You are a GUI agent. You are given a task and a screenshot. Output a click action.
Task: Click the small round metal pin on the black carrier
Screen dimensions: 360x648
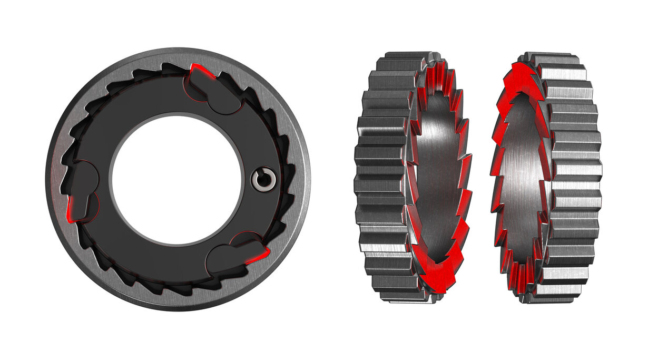coord(263,179)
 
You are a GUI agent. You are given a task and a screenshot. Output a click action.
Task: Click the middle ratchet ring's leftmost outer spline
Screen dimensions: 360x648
coord(371,179)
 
